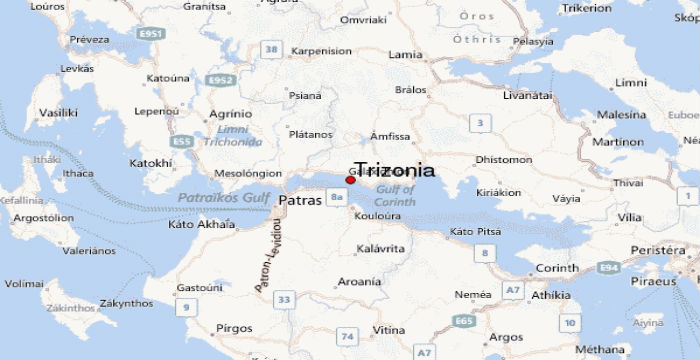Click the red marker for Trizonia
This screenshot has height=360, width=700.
click(x=350, y=180)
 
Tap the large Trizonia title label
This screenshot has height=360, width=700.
click(x=395, y=169)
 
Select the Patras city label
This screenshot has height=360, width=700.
click(x=301, y=200)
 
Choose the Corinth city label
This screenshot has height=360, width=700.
click(x=557, y=268)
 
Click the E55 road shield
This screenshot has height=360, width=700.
click(x=183, y=142)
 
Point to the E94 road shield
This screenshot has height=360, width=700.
click(x=607, y=269)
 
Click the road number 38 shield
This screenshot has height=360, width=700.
click(x=270, y=48)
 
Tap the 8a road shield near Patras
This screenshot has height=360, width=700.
click(x=337, y=197)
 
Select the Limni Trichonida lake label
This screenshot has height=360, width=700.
click(x=234, y=137)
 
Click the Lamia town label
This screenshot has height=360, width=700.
click(x=404, y=54)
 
